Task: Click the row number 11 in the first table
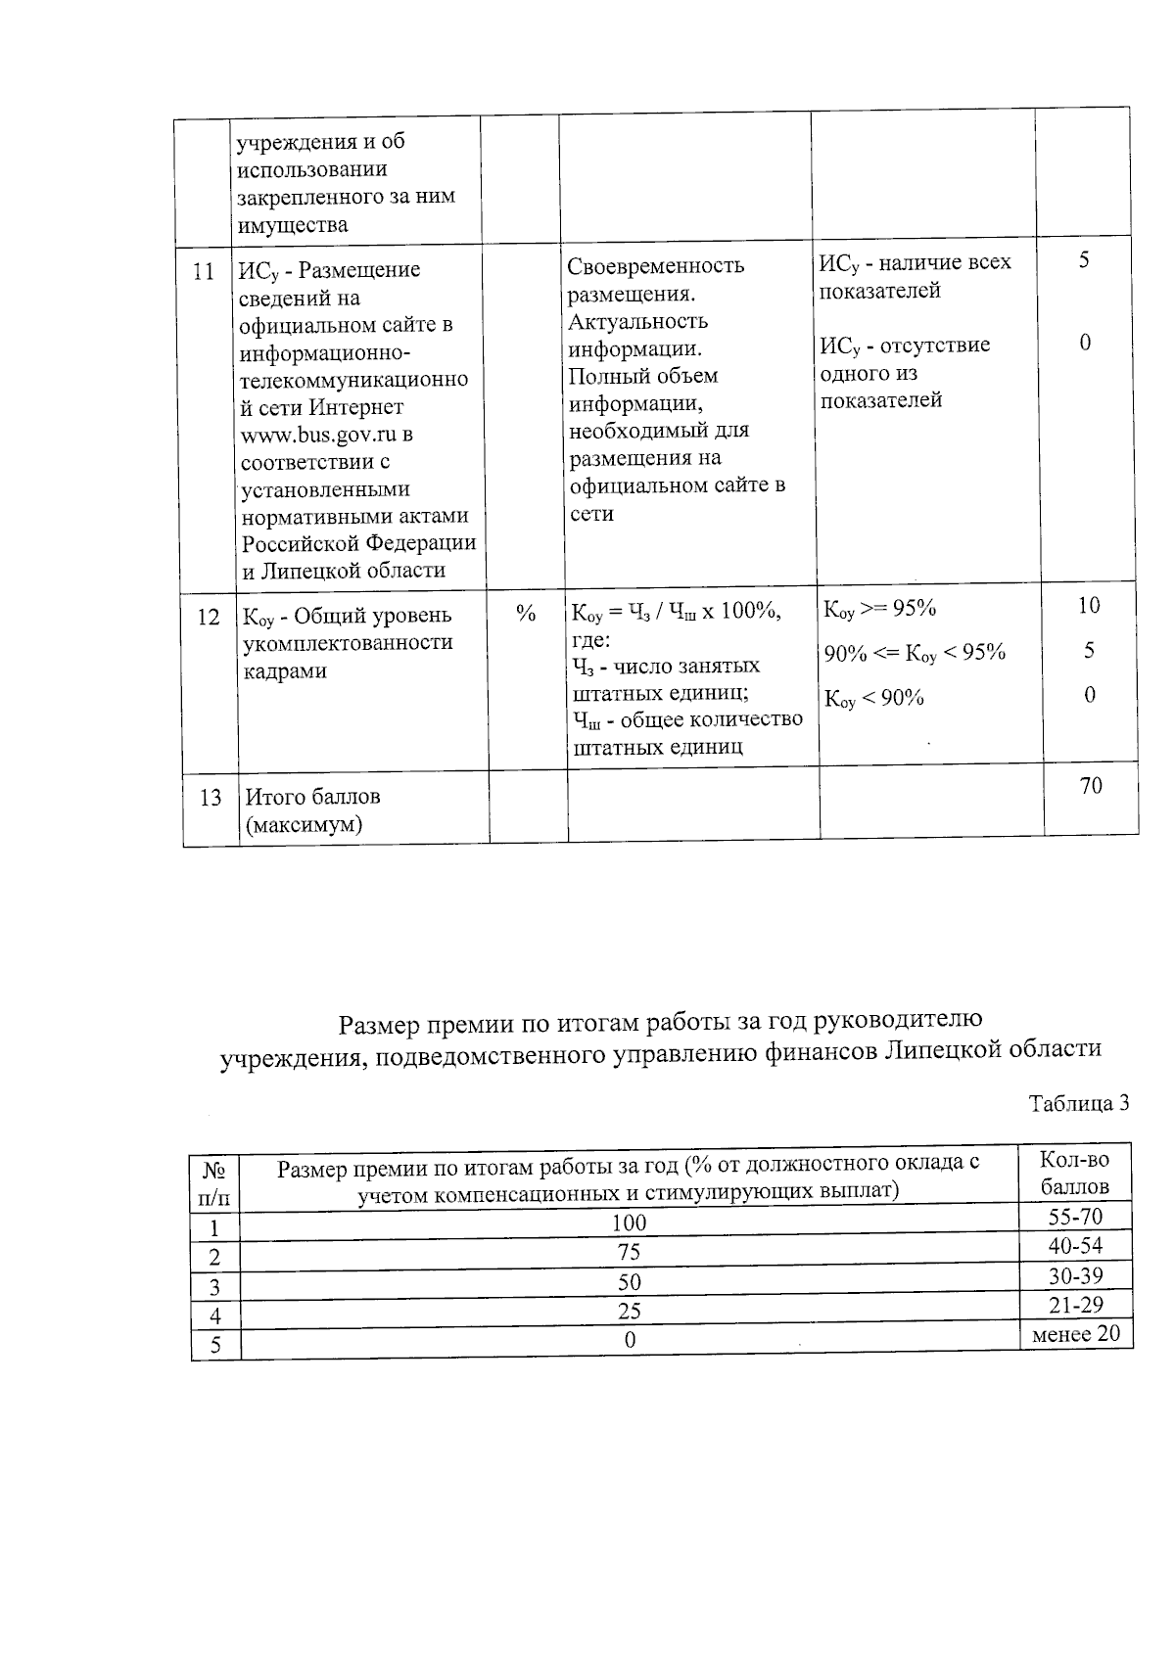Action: tap(203, 272)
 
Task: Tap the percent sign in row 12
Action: tap(526, 614)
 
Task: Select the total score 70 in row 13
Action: tap(1091, 786)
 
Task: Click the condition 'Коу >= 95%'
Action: tap(880, 609)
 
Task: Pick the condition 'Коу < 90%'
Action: tap(874, 699)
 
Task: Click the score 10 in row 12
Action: tap(1089, 606)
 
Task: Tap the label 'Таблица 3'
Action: tap(1079, 1103)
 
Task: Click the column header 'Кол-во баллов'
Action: tap(1075, 1174)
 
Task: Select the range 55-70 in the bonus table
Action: tap(1075, 1218)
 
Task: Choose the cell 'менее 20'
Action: tap(1075, 1335)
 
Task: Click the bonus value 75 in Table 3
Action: tap(630, 1252)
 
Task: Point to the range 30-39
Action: tap(1075, 1276)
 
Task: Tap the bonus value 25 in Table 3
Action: tap(630, 1311)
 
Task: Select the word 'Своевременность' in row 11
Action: tap(656, 266)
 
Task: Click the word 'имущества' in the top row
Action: tap(292, 225)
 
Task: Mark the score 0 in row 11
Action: tap(1086, 344)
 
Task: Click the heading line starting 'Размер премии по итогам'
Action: tap(659, 1024)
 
